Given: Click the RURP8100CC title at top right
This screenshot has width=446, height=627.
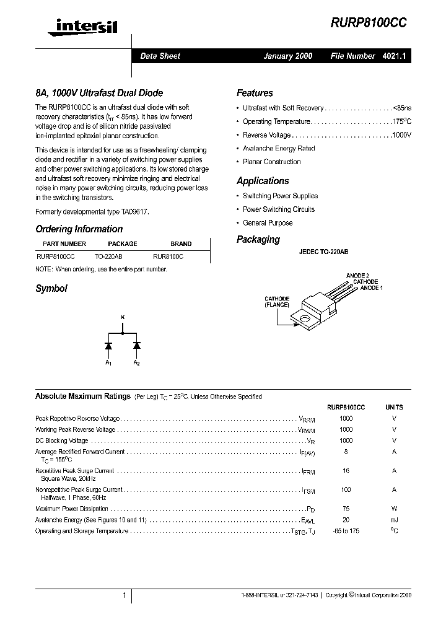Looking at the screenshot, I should (x=369, y=21).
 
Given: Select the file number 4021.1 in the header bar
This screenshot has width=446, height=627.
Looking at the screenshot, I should (x=394, y=56).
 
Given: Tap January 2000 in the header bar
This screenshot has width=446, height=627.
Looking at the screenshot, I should (x=288, y=56).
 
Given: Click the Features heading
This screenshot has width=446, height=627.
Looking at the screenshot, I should (x=255, y=93).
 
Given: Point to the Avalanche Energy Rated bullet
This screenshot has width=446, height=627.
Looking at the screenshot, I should (x=279, y=149).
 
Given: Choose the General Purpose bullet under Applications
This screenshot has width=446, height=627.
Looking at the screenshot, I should (x=268, y=223).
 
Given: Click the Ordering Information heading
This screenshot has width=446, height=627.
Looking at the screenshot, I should (x=79, y=229).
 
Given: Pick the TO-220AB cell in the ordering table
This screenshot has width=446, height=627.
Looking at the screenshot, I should (x=108, y=255).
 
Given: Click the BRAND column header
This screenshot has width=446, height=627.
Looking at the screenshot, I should (x=181, y=244).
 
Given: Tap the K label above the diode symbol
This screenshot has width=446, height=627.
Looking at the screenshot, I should (x=122, y=318).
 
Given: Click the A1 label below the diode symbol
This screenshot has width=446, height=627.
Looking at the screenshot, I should (x=108, y=362).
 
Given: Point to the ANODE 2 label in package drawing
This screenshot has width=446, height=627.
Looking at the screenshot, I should (x=357, y=275).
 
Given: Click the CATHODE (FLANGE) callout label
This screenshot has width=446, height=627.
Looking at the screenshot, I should (x=277, y=302).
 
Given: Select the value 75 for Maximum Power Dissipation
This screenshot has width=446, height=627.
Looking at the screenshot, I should (x=346, y=509).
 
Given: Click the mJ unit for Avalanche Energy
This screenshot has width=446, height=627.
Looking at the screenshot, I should (x=394, y=520).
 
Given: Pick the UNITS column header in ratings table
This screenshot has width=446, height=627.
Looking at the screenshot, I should (x=394, y=407).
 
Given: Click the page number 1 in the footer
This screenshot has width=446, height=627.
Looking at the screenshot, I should (x=125, y=595).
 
